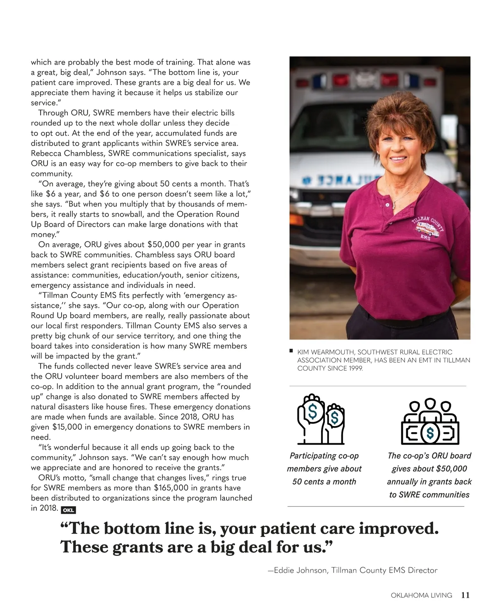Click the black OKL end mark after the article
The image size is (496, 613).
pos(68,510)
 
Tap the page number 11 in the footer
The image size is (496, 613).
pos(465,595)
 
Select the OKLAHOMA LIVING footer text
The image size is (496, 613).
pos(421,596)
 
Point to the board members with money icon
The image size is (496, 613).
pos(430,421)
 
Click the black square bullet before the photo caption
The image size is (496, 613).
pos(291,351)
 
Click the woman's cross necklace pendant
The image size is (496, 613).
pos(394,204)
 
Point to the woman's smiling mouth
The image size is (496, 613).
pos(399,158)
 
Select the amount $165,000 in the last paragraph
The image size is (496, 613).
pos(171,488)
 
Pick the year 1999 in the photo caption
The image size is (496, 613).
pos(355,368)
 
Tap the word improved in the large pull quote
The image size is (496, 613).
pos(398,529)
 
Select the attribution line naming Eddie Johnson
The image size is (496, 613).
pos(353,570)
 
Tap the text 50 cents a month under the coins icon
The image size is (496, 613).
pos(324,481)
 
